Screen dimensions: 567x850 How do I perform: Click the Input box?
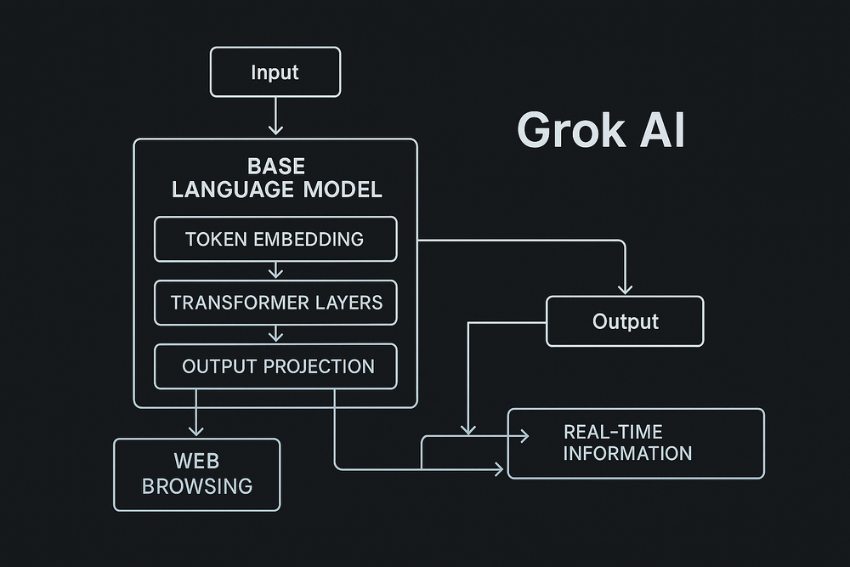point(275,71)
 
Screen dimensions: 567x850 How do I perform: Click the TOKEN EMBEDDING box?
point(275,239)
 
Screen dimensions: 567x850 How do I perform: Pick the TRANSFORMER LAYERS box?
point(275,303)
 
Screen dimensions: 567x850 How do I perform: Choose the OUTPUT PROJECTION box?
point(275,366)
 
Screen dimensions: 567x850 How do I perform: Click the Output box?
point(625,321)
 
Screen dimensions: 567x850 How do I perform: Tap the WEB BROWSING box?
point(196,474)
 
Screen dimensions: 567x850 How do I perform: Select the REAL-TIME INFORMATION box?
point(636,443)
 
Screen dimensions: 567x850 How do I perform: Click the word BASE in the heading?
point(275,166)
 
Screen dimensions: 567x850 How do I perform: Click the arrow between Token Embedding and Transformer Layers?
point(275,270)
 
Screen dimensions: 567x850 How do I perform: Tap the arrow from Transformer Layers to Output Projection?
point(275,334)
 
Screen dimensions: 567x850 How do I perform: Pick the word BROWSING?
point(196,486)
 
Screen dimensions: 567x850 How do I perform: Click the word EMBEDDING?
point(309,239)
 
